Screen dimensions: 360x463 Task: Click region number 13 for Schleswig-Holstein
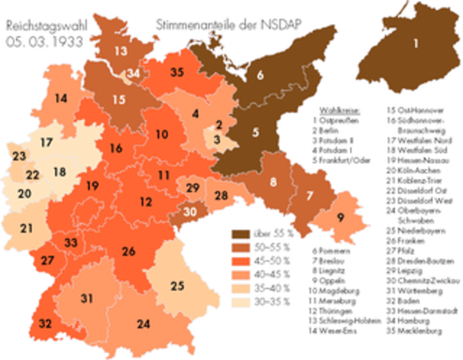pyautogui.click(x=121, y=52)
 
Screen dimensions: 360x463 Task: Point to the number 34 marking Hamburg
pyautogui.click(x=133, y=73)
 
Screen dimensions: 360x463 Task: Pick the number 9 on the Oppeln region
pyautogui.click(x=341, y=217)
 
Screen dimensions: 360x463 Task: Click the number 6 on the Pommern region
pyautogui.click(x=260, y=74)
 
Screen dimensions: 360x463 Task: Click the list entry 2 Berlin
pyautogui.click(x=334, y=128)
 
